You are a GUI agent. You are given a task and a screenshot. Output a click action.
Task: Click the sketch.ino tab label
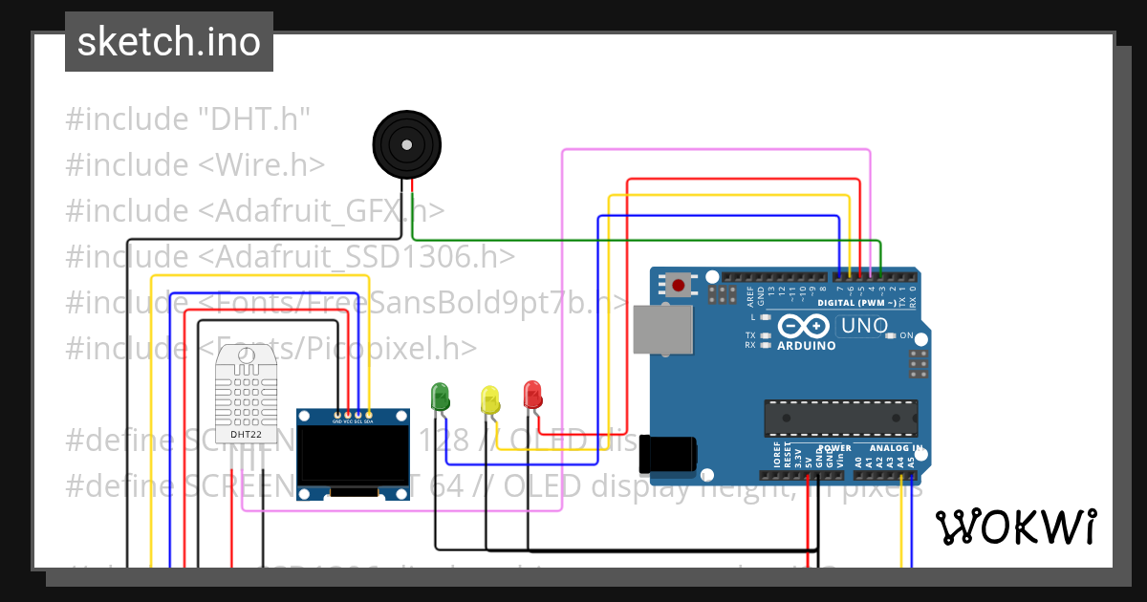(x=169, y=42)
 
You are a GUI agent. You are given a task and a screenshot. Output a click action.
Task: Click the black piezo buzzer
(x=407, y=145)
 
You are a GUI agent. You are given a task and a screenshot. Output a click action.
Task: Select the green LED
(x=440, y=397)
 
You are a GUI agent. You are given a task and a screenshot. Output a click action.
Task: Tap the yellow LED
(x=489, y=399)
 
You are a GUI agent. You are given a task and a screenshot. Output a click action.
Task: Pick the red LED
(x=532, y=394)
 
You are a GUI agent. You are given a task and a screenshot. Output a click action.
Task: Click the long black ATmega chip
(x=840, y=418)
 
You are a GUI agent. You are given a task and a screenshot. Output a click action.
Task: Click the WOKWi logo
(x=1015, y=527)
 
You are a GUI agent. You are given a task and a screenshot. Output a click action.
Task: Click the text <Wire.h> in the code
(x=261, y=164)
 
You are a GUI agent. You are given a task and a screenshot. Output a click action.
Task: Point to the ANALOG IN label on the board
(x=895, y=447)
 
